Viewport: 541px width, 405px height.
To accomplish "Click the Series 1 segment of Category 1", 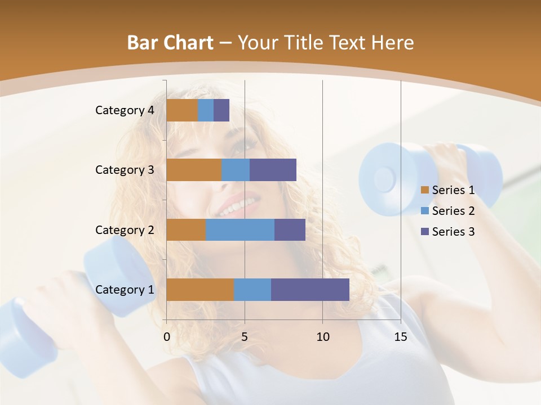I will pyautogui.click(x=200, y=290).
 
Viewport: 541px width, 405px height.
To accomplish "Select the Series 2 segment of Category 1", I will pyautogui.click(x=252, y=290).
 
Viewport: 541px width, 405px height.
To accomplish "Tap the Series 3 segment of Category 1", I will pyautogui.click(x=310, y=290).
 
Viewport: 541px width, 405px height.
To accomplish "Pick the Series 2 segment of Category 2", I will pyautogui.click(x=240, y=229).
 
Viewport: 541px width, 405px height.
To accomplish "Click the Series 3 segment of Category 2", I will pyautogui.click(x=290, y=229).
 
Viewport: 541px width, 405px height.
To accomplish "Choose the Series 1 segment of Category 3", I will pyautogui.click(x=194, y=170).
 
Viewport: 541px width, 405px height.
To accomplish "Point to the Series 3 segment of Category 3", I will pyautogui.click(x=273, y=170).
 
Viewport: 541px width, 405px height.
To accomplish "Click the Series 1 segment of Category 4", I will pyautogui.click(x=182, y=110).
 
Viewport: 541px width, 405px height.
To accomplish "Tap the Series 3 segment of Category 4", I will pyautogui.click(x=221, y=110).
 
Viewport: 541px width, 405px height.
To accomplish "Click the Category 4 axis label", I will pyautogui.click(x=125, y=110).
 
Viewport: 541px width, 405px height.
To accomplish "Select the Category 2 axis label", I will pyautogui.click(x=125, y=229).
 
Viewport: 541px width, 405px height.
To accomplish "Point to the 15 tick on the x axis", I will pyautogui.click(x=401, y=337).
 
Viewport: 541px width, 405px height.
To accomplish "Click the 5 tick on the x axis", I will pyautogui.click(x=245, y=337).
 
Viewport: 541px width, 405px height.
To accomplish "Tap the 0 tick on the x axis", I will pyautogui.click(x=167, y=337).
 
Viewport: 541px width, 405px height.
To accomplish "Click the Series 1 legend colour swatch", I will pyautogui.click(x=425, y=190).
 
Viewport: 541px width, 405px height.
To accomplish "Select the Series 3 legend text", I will pyautogui.click(x=453, y=232).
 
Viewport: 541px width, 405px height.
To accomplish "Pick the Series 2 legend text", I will pyautogui.click(x=453, y=211).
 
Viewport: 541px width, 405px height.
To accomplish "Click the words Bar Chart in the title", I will pyautogui.click(x=170, y=43).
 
